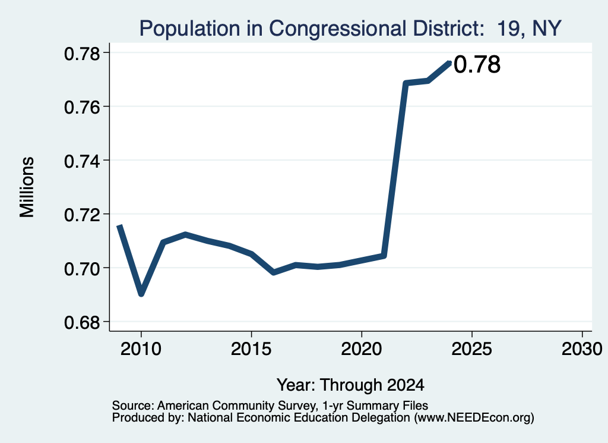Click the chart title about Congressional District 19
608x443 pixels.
tap(350, 29)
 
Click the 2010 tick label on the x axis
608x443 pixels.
tap(141, 349)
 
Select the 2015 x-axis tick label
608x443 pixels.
tap(251, 349)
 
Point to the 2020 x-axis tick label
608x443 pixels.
tap(362, 349)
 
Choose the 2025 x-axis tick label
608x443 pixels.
tap(472, 349)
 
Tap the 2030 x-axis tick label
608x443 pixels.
tap(582, 349)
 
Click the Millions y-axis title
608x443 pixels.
tap(27, 187)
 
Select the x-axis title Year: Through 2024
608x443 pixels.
tap(350, 385)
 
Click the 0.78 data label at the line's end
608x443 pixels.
tap(477, 64)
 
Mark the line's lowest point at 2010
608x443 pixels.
tap(141, 294)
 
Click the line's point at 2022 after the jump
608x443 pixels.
tap(406, 83)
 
